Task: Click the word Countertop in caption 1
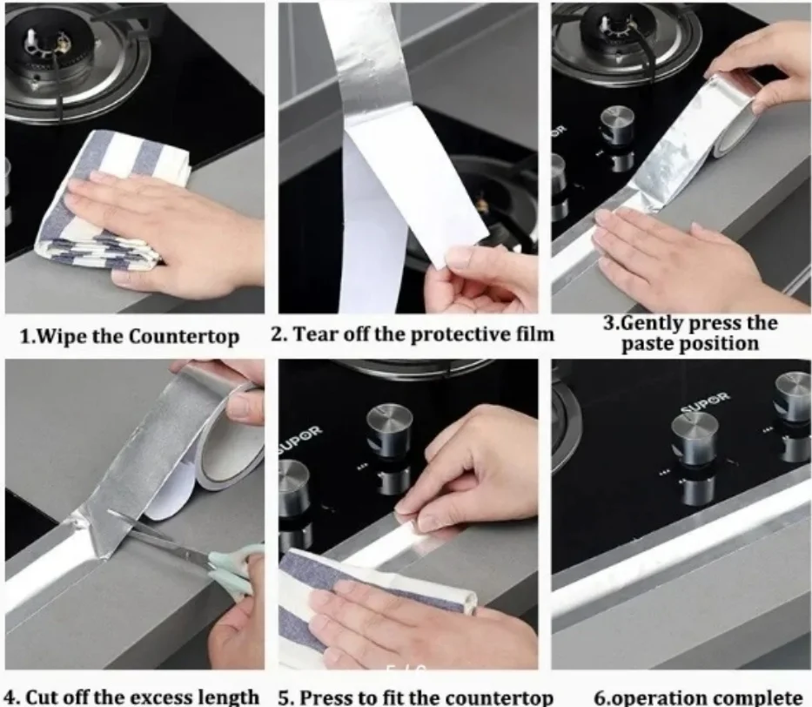click(x=184, y=337)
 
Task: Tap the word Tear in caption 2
click(x=314, y=334)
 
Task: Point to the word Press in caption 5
click(x=325, y=697)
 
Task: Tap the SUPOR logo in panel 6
click(x=705, y=402)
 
